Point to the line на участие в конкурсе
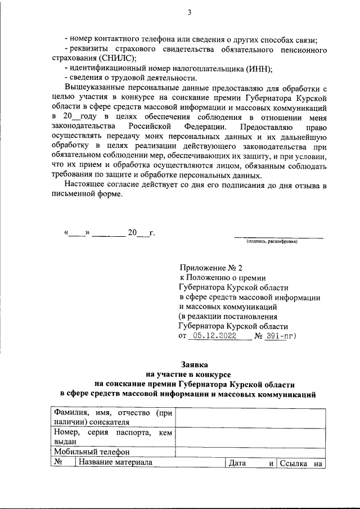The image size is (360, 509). click(x=192, y=374)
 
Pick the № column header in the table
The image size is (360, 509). click(x=58, y=463)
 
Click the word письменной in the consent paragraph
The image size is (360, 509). click(x=78, y=196)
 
